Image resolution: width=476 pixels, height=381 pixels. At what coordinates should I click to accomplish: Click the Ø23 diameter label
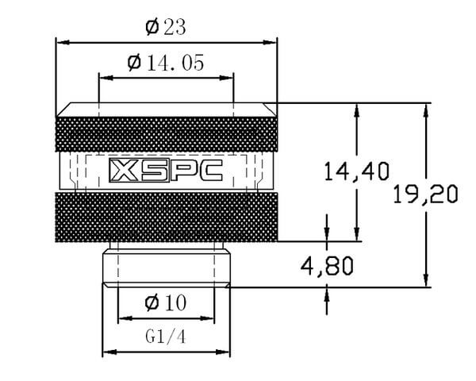click(x=166, y=27)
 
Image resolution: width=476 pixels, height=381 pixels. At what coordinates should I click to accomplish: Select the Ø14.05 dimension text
click(x=166, y=63)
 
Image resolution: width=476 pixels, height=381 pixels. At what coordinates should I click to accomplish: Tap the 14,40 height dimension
click(x=357, y=171)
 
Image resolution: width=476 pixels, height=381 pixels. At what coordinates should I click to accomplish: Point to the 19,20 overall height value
click(x=425, y=194)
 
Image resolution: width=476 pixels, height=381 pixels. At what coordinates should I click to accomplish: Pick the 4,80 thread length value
click(x=327, y=266)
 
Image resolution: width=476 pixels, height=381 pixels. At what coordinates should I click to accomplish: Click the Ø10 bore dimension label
click(x=166, y=302)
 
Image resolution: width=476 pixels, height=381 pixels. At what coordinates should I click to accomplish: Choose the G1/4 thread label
click(x=166, y=337)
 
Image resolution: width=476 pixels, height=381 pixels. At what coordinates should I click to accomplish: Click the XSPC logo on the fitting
click(x=166, y=171)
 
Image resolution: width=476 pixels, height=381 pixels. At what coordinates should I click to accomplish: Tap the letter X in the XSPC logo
click(x=124, y=171)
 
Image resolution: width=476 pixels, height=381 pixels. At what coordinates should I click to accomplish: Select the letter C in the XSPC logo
click(x=209, y=171)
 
